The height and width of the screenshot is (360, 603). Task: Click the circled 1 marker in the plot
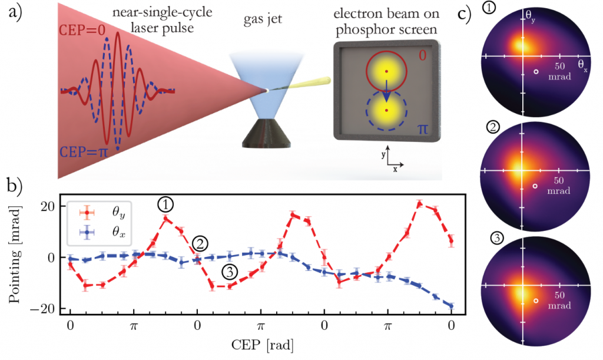click(x=165, y=204)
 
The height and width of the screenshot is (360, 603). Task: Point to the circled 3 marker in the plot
click(x=230, y=272)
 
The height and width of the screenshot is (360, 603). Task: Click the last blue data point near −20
click(x=451, y=306)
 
